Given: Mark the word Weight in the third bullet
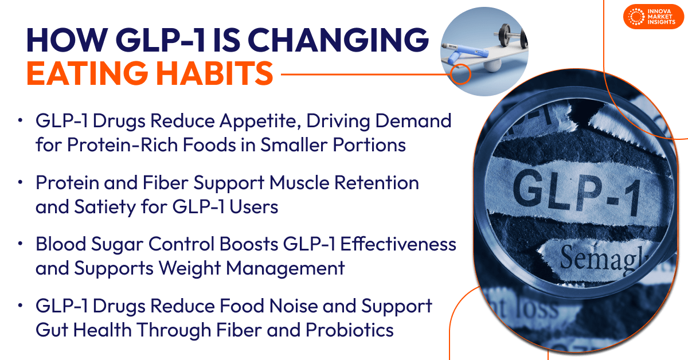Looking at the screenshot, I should pyautogui.click(x=218, y=268).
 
